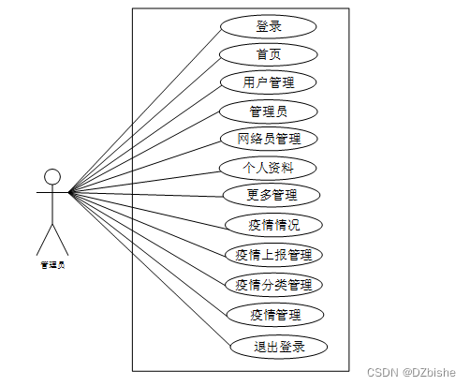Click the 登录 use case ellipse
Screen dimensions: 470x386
pyautogui.click(x=269, y=26)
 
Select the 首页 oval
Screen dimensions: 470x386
pyautogui.click(x=269, y=54)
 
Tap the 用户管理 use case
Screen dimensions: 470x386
pyautogui.click(x=269, y=82)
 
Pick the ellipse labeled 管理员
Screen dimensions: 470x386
pyautogui.click(x=269, y=111)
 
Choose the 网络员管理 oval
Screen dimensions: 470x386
pyautogui.click(x=269, y=139)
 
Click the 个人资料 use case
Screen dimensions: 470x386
pyautogui.click(x=268, y=168)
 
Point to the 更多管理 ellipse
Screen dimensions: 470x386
pyautogui.click(x=272, y=195)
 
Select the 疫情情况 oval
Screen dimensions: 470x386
pyautogui.click(x=273, y=225)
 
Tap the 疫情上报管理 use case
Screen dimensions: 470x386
pyautogui.click(x=273, y=255)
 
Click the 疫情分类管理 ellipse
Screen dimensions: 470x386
pyautogui.click(x=273, y=285)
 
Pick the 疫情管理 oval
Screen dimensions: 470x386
pyautogui.click(x=275, y=315)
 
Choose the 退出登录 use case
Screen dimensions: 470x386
pyautogui.click(x=279, y=347)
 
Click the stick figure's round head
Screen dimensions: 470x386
pyautogui.click(x=52, y=177)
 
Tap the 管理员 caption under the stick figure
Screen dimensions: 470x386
pyautogui.click(x=52, y=265)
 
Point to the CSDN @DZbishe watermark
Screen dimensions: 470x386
pyautogui.click(x=411, y=373)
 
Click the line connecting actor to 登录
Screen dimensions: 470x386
pyautogui.click(x=144, y=111)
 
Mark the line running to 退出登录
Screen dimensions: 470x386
pyautogui.click(x=150, y=270)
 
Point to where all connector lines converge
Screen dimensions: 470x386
pyautogui.click(x=69, y=192)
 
